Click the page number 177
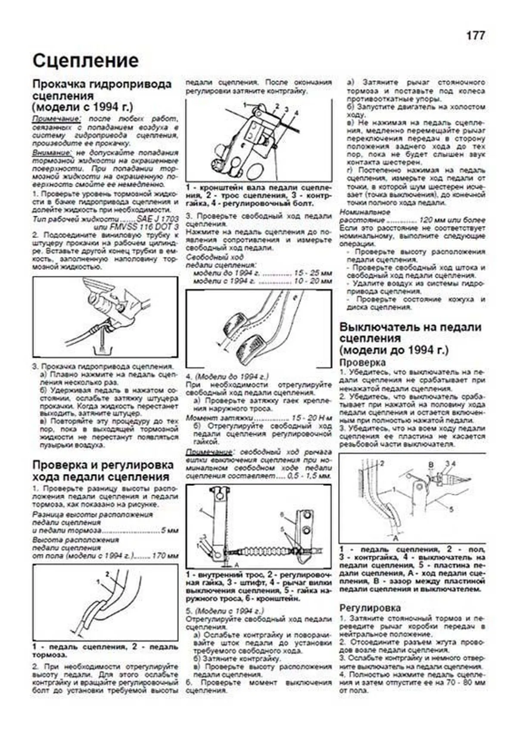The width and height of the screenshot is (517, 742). click(475, 35)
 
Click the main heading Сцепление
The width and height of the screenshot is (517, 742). click(85, 61)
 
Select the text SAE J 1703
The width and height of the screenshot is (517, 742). click(157, 219)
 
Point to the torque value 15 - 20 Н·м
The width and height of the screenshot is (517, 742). click(311, 418)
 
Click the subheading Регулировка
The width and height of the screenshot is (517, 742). click(370, 608)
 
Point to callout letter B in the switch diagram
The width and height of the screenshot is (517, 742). click(430, 464)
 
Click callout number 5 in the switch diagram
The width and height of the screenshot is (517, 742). click(451, 509)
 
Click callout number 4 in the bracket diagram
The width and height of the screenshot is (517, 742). click(296, 112)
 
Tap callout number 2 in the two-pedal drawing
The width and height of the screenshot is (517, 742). click(107, 574)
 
